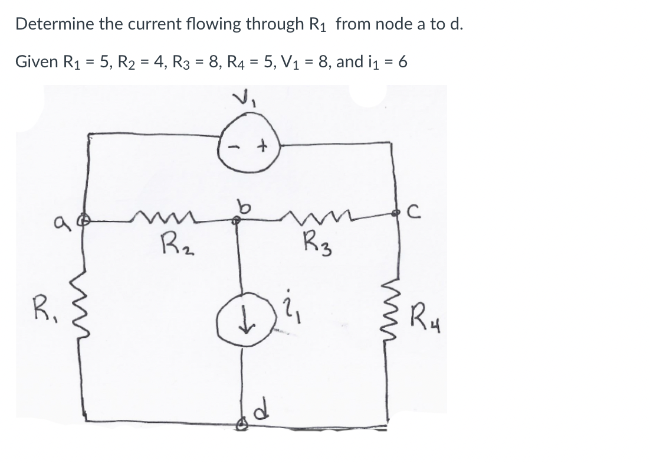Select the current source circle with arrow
[x=241, y=309]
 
